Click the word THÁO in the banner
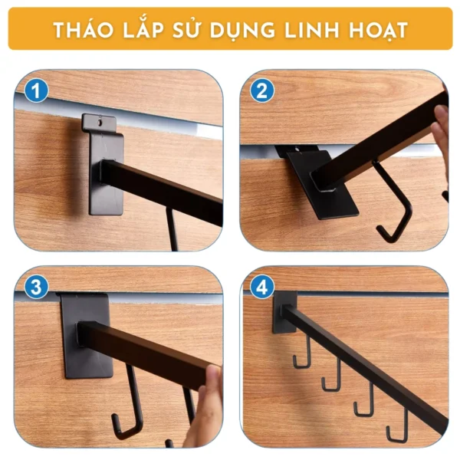point(83,30)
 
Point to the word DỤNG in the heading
point(242,31)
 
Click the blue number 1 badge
point(36,90)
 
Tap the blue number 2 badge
point(262,90)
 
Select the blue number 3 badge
point(36,287)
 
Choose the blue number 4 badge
point(262,287)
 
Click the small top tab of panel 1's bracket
point(99,123)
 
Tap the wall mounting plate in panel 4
point(284,313)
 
